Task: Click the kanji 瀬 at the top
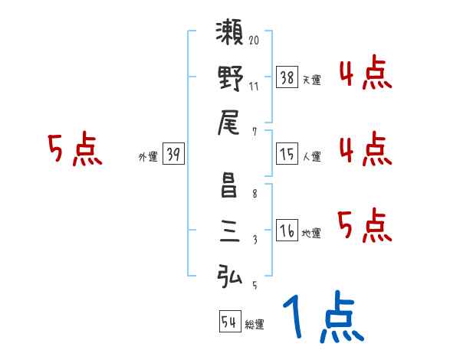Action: (x=231, y=34)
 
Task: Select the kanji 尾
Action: (x=231, y=120)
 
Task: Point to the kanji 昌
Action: (x=231, y=185)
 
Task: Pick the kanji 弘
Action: (x=231, y=273)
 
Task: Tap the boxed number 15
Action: (x=287, y=154)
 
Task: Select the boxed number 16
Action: (x=287, y=231)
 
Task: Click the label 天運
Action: (x=311, y=80)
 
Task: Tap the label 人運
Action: (x=311, y=157)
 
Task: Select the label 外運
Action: (x=147, y=157)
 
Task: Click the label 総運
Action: (x=255, y=325)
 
